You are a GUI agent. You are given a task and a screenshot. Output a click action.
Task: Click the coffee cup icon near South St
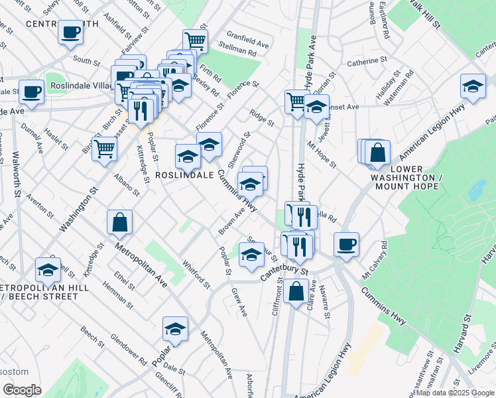[70, 32]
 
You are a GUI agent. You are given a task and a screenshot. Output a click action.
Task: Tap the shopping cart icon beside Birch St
[105, 149]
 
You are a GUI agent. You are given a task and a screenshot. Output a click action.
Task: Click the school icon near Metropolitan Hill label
[48, 269]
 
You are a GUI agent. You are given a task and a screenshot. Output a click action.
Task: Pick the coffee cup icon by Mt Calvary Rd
[346, 244]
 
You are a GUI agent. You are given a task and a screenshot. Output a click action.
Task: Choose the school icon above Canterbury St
[251, 255]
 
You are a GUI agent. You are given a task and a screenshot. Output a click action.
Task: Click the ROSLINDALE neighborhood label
[184, 175]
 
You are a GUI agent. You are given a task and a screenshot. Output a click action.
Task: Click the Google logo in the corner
[21, 390]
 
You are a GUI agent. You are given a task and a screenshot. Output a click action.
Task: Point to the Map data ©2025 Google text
[454, 393]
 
